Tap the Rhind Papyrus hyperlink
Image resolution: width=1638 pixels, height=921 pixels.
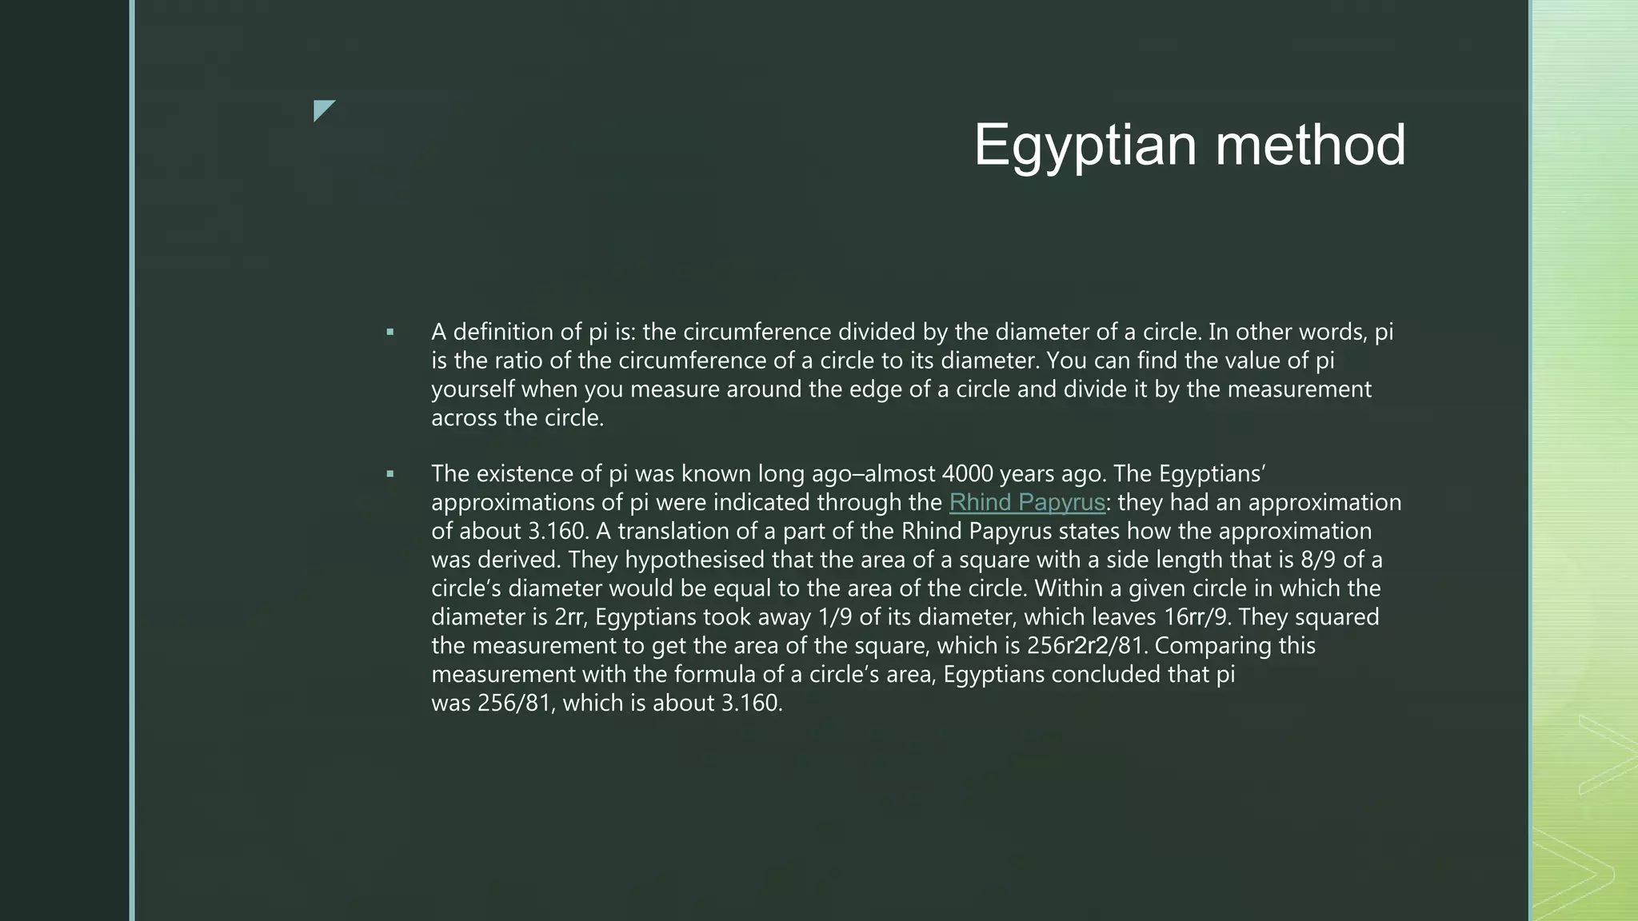coord(1027,503)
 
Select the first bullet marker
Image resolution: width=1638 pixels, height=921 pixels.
coord(390,332)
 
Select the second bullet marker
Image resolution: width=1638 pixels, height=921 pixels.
coord(390,474)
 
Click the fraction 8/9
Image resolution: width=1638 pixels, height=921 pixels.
coord(1318,560)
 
